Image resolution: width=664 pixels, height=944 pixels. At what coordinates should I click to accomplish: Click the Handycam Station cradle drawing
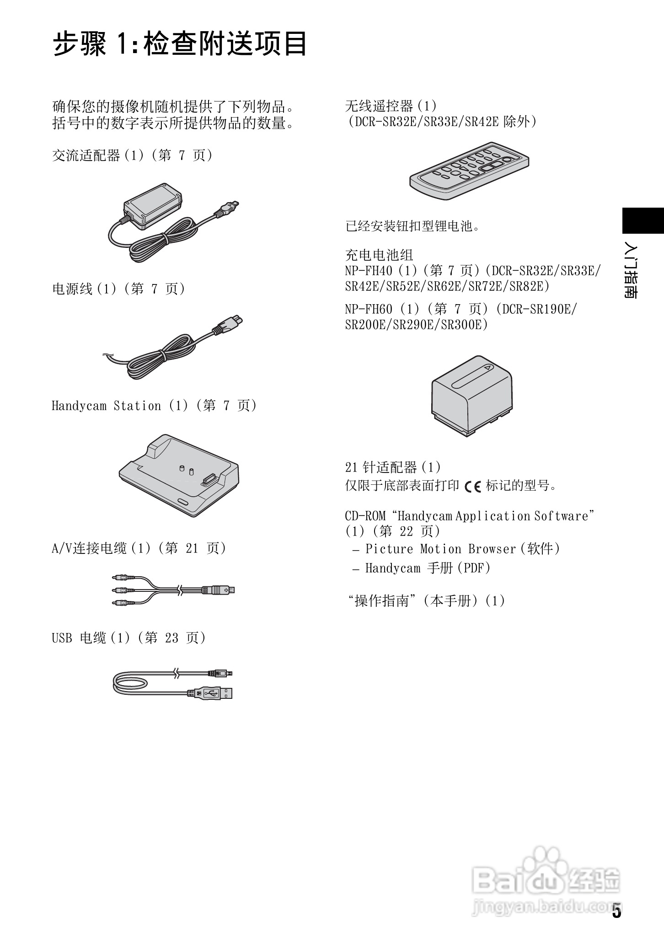178,476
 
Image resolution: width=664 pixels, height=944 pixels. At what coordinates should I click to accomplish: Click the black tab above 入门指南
643,221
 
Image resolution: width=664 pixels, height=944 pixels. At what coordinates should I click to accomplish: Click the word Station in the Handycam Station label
137,406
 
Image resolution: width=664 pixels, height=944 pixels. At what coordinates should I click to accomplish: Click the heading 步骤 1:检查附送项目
180,44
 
